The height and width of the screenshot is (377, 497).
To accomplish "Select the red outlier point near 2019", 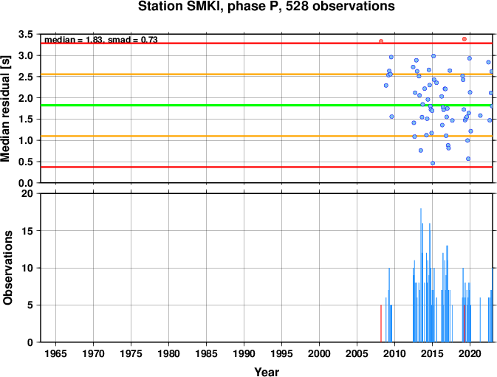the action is (x=465, y=39).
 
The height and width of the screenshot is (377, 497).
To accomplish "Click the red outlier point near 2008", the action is (x=381, y=41).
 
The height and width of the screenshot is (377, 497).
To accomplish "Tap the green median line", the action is (x=267, y=105).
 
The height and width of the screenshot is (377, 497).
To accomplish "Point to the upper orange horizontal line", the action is (x=267, y=75).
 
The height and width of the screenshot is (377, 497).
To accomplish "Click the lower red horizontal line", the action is (x=267, y=167).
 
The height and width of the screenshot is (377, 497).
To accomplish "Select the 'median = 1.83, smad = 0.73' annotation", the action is (x=100, y=40).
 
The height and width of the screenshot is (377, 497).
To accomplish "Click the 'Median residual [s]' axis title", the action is (x=5, y=108).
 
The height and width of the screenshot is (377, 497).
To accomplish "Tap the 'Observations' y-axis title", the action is (x=7, y=268).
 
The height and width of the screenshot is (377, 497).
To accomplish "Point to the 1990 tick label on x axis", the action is (x=244, y=353).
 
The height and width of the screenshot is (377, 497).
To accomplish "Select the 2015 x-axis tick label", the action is (x=432, y=353).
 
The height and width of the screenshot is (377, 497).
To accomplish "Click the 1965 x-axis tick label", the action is (x=55, y=353).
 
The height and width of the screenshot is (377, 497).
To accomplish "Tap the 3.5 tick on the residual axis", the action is (x=26, y=34).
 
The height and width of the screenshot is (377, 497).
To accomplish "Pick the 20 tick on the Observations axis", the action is (x=27, y=193).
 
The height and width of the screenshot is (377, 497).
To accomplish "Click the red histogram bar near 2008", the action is (x=381, y=323).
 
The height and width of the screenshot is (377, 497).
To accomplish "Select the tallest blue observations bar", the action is (x=421, y=275).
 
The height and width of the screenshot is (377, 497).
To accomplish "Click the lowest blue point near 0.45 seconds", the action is (x=433, y=163).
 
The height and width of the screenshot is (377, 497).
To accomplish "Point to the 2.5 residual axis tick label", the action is (x=26, y=77).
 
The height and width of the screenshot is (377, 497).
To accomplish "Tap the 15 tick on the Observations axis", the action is (x=27, y=231).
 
